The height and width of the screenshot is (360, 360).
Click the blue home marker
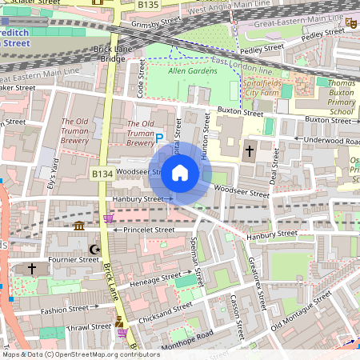[x=180, y=172]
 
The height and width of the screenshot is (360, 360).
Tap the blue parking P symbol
[x=158, y=138]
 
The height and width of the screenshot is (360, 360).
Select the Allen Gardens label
[x=193, y=71]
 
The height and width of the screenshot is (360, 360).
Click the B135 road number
[x=147, y=5]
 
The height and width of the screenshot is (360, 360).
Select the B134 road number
[x=102, y=173]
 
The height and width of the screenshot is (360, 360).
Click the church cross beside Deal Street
[x=249, y=150]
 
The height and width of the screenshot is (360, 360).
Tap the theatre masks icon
[x=350, y=24]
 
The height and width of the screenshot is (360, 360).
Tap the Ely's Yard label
[x=54, y=169]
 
